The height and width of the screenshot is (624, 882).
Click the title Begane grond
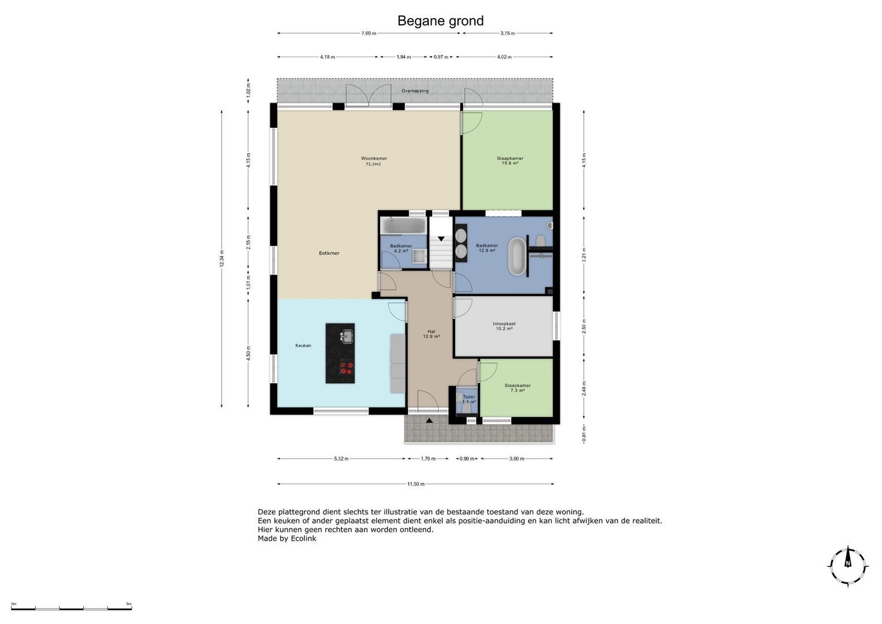(440, 21)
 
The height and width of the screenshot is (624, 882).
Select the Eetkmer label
(329, 253)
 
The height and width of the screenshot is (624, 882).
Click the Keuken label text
(303, 346)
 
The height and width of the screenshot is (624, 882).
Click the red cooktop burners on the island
(346, 367)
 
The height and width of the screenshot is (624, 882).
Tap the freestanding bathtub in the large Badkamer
(516, 256)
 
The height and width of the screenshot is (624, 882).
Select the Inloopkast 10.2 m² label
(504, 326)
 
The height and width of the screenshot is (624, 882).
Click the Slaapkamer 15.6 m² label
(509, 161)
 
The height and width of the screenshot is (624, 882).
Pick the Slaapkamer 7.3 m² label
(517, 388)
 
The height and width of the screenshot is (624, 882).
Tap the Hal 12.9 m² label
(431, 333)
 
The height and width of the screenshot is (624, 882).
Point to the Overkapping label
(415, 91)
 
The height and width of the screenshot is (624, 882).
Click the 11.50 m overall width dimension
(415, 484)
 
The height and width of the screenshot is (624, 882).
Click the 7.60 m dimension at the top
(369, 33)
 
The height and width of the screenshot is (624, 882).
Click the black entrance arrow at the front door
(429, 421)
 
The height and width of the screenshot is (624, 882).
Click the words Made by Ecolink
(286, 538)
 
